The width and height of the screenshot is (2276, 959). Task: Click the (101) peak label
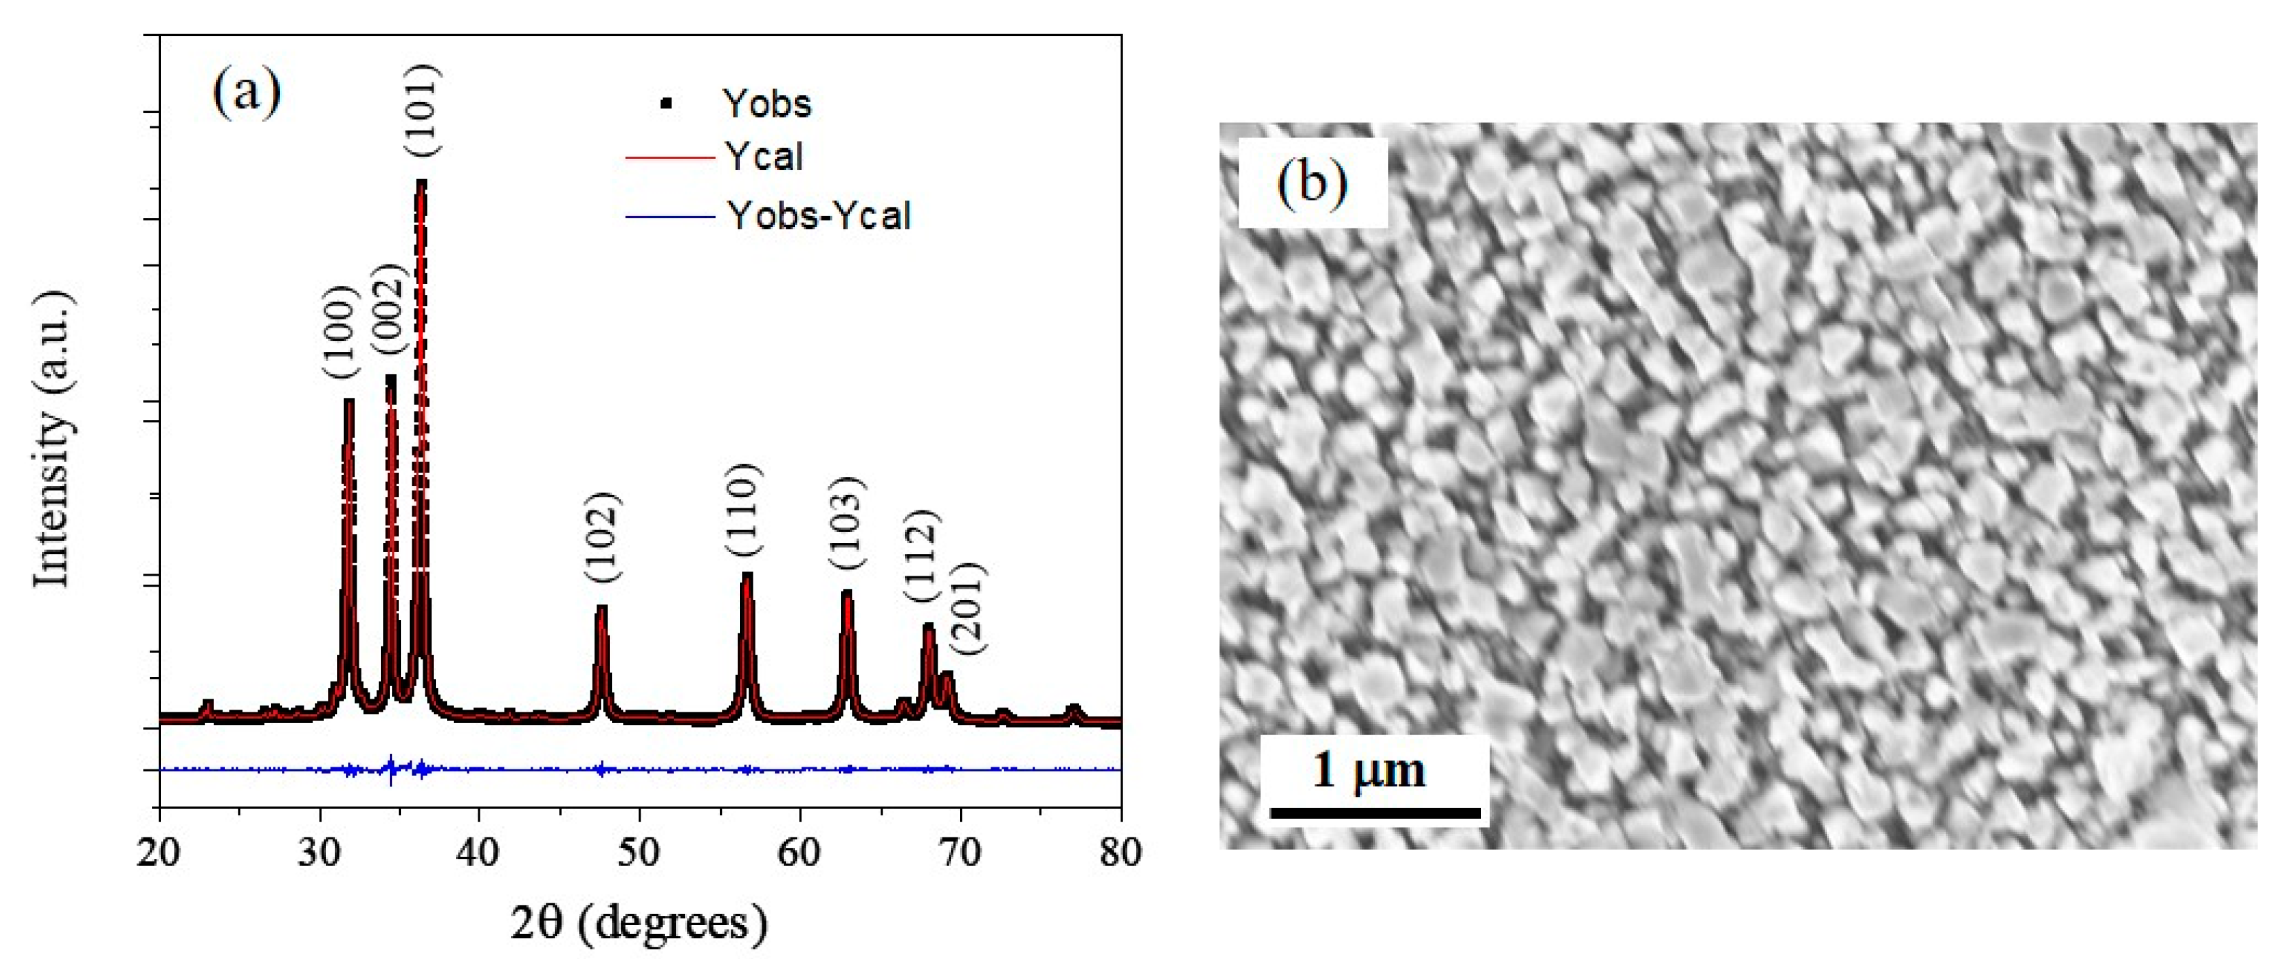pyautogui.click(x=423, y=111)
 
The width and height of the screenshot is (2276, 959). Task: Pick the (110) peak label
pyautogui.click(x=743, y=510)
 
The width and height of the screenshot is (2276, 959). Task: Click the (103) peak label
pyautogui.click(x=847, y=523)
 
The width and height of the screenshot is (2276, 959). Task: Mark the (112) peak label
pyautogui.click(x=921, y=556)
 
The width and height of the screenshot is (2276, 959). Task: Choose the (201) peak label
pyautogui.click(x=970, y=608)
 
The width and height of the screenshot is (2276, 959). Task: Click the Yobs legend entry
pyautogui.click(x=767, y=104)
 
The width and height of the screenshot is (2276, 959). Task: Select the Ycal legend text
pyautogui.click(x=764, y=157)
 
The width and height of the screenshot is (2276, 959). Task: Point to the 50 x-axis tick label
pyautogui.click(x=639, y=853)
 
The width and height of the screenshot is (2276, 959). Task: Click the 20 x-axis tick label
pyautogui.click(x=159, y=853)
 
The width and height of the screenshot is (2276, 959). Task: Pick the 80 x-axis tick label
pyautogui.click(x=1120, y=853)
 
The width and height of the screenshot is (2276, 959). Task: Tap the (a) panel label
pyautogui.click(x=247, y=91)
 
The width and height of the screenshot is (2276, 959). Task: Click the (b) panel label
pyautogui.click(x=1312, y=183)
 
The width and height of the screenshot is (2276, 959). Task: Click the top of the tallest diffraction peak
pyautogui.click(x=421, y=182)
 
